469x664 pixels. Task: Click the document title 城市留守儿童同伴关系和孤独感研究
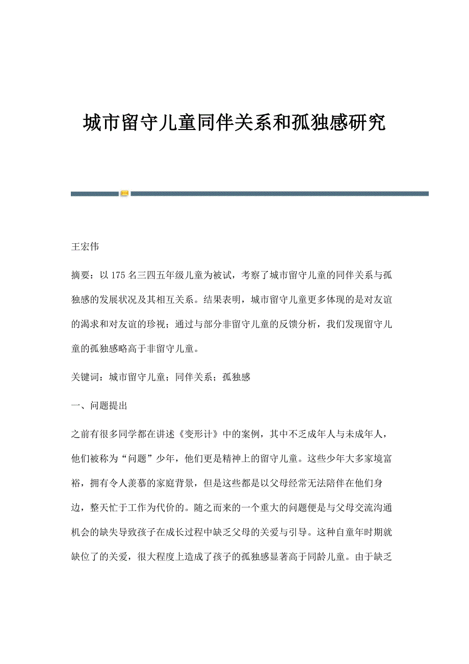234,123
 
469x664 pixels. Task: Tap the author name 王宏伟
85,247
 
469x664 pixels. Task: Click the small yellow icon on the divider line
124,193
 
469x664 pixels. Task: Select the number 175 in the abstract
118,275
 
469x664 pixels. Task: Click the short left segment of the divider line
94,193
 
